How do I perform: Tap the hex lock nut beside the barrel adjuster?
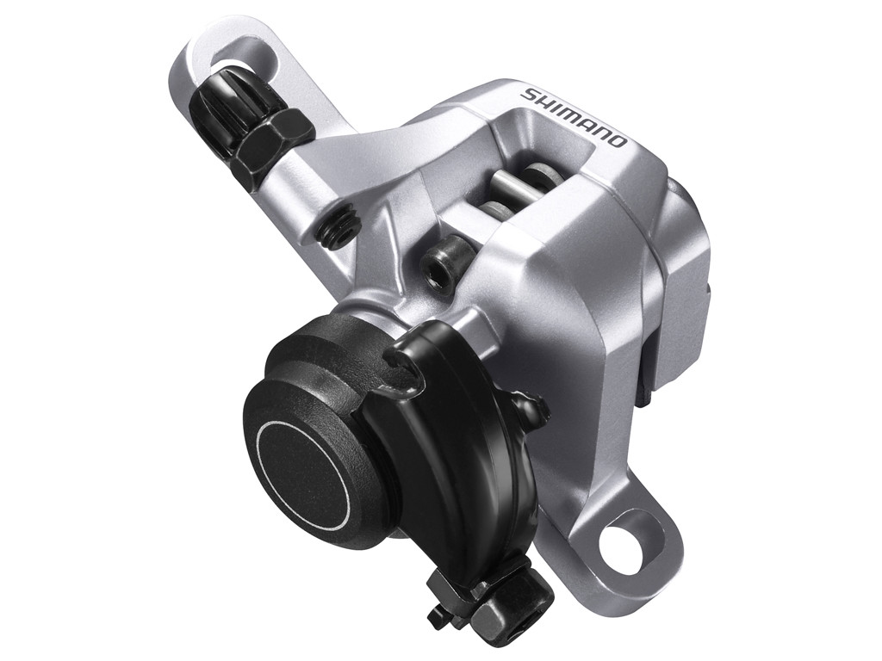[274, 141]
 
